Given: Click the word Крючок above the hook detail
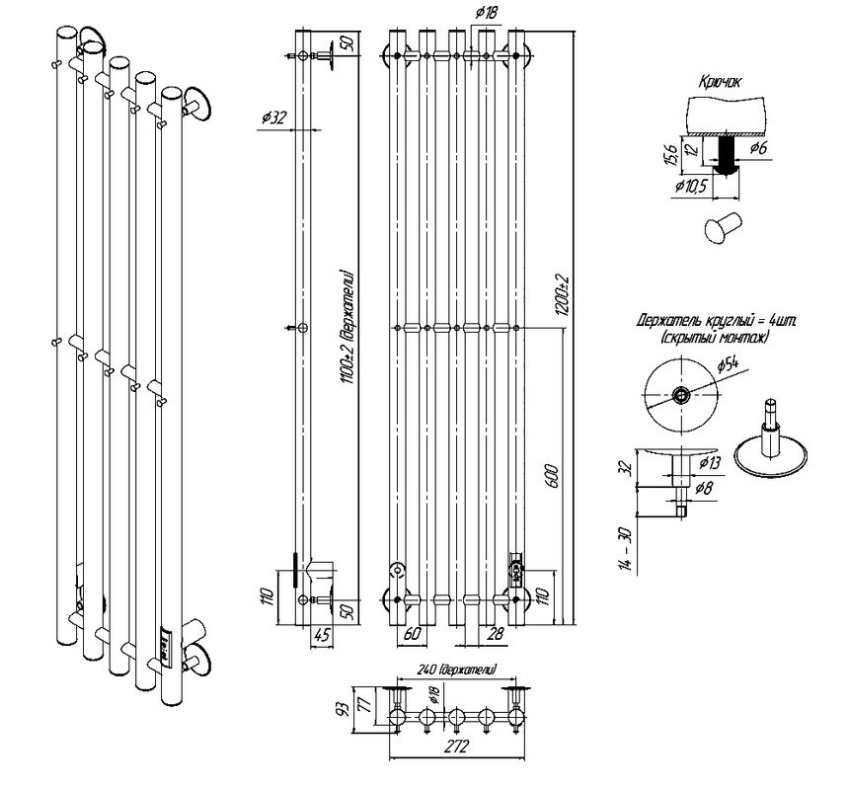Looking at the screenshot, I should (718, 84).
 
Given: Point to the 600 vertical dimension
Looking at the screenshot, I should (555, 475).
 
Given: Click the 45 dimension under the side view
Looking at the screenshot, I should (320, 632).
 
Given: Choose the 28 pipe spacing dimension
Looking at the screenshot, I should (495, 632).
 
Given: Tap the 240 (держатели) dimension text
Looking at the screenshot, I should (455, 669).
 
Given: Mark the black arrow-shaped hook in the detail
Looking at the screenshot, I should (727, 155).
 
